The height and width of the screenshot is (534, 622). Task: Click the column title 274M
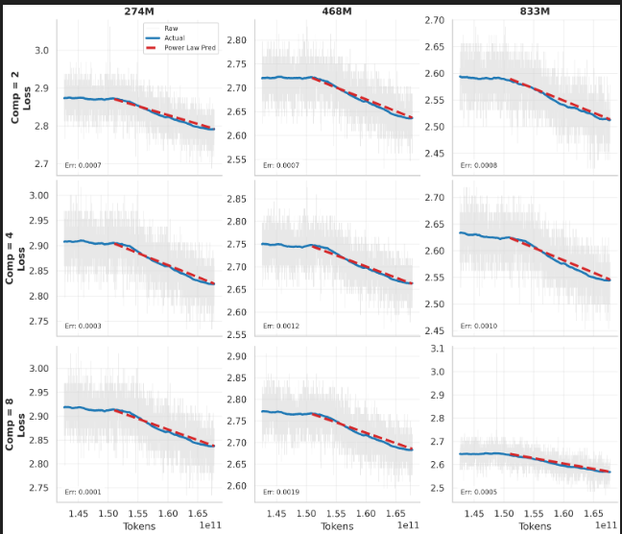139,10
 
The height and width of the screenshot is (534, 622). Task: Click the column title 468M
337,10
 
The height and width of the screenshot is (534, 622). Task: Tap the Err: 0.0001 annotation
83,493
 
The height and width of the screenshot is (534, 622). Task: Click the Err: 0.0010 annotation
479,327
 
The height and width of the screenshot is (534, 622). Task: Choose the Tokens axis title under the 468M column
337,526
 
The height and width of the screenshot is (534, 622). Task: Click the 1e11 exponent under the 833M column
606,526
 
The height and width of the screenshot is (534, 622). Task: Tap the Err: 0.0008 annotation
479,165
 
